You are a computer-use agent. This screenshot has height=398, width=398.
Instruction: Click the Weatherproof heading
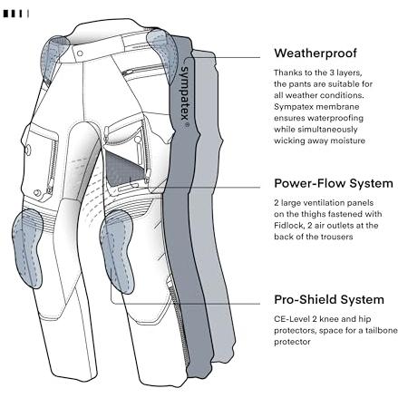(315, 53)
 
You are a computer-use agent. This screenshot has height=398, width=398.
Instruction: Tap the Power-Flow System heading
(334, 183)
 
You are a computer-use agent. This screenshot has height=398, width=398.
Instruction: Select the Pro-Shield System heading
(329, 299)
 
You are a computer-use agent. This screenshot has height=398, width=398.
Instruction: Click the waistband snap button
(80, 53)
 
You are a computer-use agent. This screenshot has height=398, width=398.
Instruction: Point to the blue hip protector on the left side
(53, 57)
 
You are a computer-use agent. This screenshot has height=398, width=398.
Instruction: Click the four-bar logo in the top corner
(16, 14)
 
